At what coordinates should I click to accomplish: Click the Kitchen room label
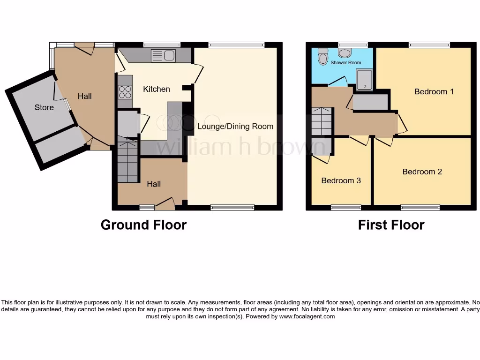pos(156,89)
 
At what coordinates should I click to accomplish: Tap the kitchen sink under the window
pos(163,56)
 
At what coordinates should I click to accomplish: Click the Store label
pos(44,107)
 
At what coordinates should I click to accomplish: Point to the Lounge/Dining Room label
pos(235,126)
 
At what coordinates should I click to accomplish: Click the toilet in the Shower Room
pos(322,57)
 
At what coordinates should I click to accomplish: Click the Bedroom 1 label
pos(434,91)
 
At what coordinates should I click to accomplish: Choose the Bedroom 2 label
pos(422,172)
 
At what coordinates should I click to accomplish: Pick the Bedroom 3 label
pos(341,180)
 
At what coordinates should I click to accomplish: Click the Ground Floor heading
pos(143,225)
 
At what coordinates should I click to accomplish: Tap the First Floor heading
pos(391,225)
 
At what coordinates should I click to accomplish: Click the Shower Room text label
pos(345,62)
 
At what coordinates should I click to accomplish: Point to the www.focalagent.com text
pos(307,316)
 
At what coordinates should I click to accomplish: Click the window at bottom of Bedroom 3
pos(342,208)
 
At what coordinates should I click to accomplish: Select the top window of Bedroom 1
pos(429,45)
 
